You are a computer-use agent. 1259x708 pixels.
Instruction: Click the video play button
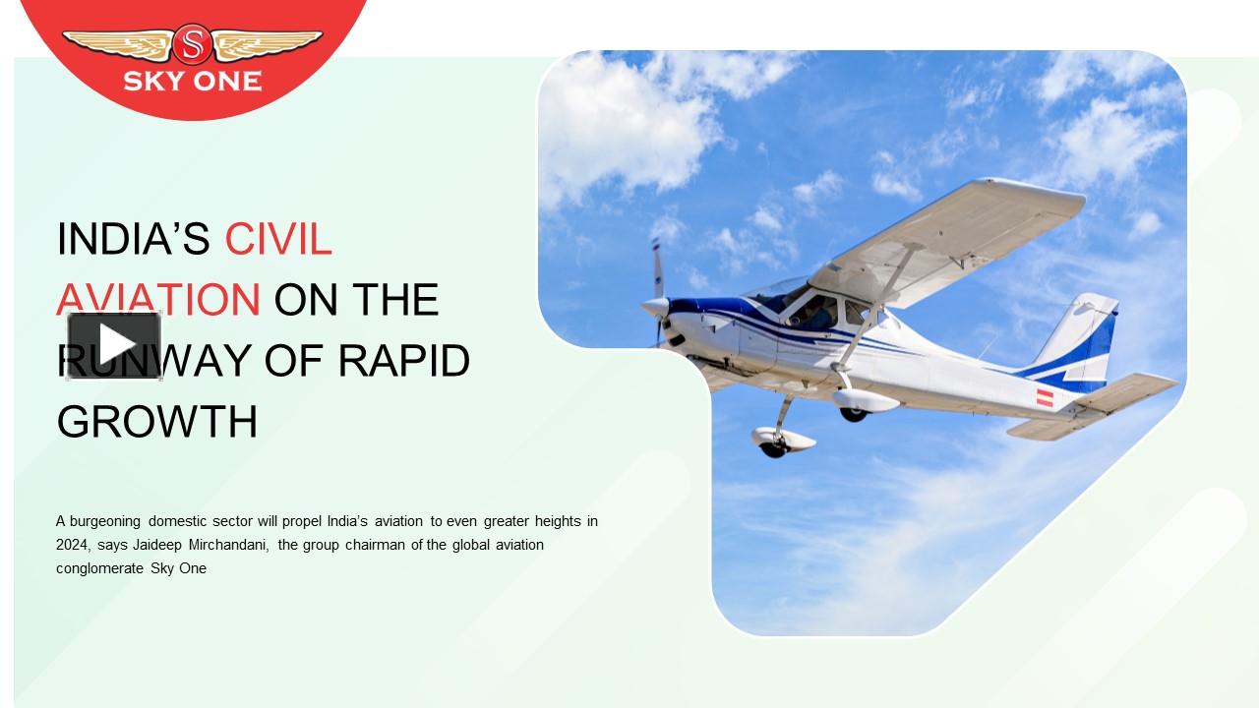pos(114,344)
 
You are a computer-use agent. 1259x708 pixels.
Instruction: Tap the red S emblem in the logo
pos(192,44)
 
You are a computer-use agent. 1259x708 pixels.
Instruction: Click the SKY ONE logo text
pos(193,81)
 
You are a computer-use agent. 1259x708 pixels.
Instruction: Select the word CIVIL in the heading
pos(278,239)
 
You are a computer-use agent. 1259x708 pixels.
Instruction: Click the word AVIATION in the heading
pos(158,300)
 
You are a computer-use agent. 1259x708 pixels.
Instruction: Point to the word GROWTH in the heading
pos(157,422)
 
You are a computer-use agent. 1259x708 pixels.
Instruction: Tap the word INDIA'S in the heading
pos(134,239)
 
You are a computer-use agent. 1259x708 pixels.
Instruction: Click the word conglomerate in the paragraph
pos(99,568)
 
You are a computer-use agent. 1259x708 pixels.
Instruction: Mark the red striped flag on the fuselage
pos(1045,398)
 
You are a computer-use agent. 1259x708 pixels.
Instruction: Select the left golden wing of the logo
pos(118,43)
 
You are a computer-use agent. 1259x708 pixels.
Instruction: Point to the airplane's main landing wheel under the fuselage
pos(853,412)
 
